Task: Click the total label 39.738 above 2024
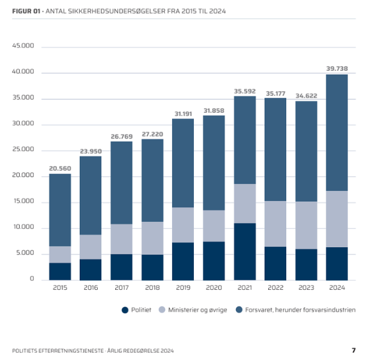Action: click(x=337, y=67)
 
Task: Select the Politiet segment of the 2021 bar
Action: click(x=245, y=251)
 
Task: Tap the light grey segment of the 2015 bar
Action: click(x=60, y=254)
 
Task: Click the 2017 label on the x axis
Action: click(x=121, y=289)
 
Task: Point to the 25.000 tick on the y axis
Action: click(x=24, y=150)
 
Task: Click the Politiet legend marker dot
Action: click(x=125, y=310)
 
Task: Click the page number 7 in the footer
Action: click(x=353, y=350)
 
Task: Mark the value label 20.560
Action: click(x=60, y=169)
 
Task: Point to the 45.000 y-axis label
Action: click(x=24, y=46)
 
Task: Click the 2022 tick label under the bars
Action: click(x=275, y=289)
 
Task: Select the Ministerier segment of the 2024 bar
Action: click(x=337, y=219)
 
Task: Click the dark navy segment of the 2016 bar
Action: click(x=91, y=269)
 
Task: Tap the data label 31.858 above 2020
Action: click(x=214, y=110)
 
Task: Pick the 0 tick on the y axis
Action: click(x=32, y=280)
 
